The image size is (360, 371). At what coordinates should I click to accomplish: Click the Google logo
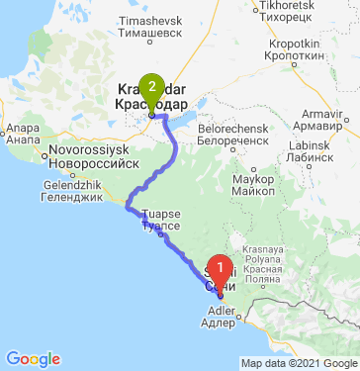click(33, 359)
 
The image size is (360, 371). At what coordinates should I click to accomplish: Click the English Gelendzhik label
click(73, 184)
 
